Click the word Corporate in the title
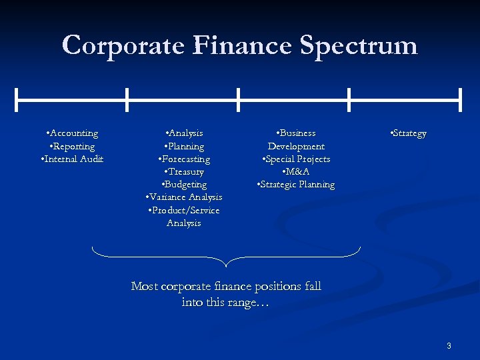(x=123, y=45)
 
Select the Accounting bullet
(x=73, y=133)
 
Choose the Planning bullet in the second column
(x=184, y=146)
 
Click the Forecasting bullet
(x=184, y=159)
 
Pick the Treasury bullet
(x=184, y=171)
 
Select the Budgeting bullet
(x=184, y=184)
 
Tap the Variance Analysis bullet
(x=184, y=197)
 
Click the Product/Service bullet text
(x=184, y=210)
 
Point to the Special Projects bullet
(x=296, y=159)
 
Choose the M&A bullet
(x=296, y=171)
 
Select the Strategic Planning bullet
(x=296, y=184)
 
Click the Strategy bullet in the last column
(x=407, y=133)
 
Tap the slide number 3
(x=449, y=345)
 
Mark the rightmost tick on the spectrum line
(x=460, y=100)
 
